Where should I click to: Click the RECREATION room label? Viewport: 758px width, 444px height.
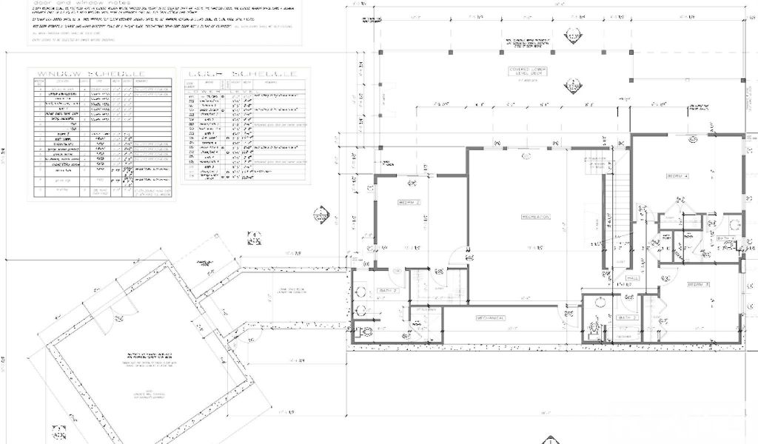pyautogui.click(x=536, y=217)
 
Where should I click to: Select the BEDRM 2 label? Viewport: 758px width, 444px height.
pyautogui.click(x=409, y=202)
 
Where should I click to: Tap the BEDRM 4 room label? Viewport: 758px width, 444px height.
pyautogui.click(x=677, y=176)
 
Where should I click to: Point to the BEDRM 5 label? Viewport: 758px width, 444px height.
pyautogui.click(x=699, y=284)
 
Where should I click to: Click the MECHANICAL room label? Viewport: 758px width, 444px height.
pyautogui.click(x=490, y=318)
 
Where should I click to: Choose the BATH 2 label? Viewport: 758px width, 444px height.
pyautogui.click(x=389, y=291)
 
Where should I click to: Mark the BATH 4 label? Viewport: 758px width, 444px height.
pyautogui.click(x=725, y=238)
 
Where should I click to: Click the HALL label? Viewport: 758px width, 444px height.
pyautogui.click(x=633, y=278)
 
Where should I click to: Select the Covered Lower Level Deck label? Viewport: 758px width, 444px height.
pyautogui.click(x=526, y=72)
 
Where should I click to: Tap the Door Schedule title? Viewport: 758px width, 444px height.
pyautogui.click(x=242, y=74)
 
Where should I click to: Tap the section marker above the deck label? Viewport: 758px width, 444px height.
pyautogui.click(x=573, y=36)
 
